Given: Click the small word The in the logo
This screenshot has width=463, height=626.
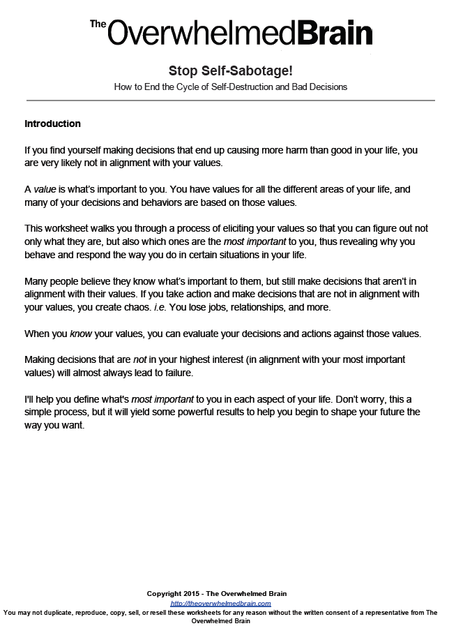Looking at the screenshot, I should tap(97, 23).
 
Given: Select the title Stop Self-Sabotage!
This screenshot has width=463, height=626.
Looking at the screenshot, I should tap(229, 71).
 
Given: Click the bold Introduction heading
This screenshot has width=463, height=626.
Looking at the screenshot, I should tap(52, 124).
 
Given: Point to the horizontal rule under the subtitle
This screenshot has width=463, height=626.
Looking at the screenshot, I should tap(229, 100).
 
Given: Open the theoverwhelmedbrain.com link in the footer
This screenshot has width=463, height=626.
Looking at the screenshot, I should tap(220, 603).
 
